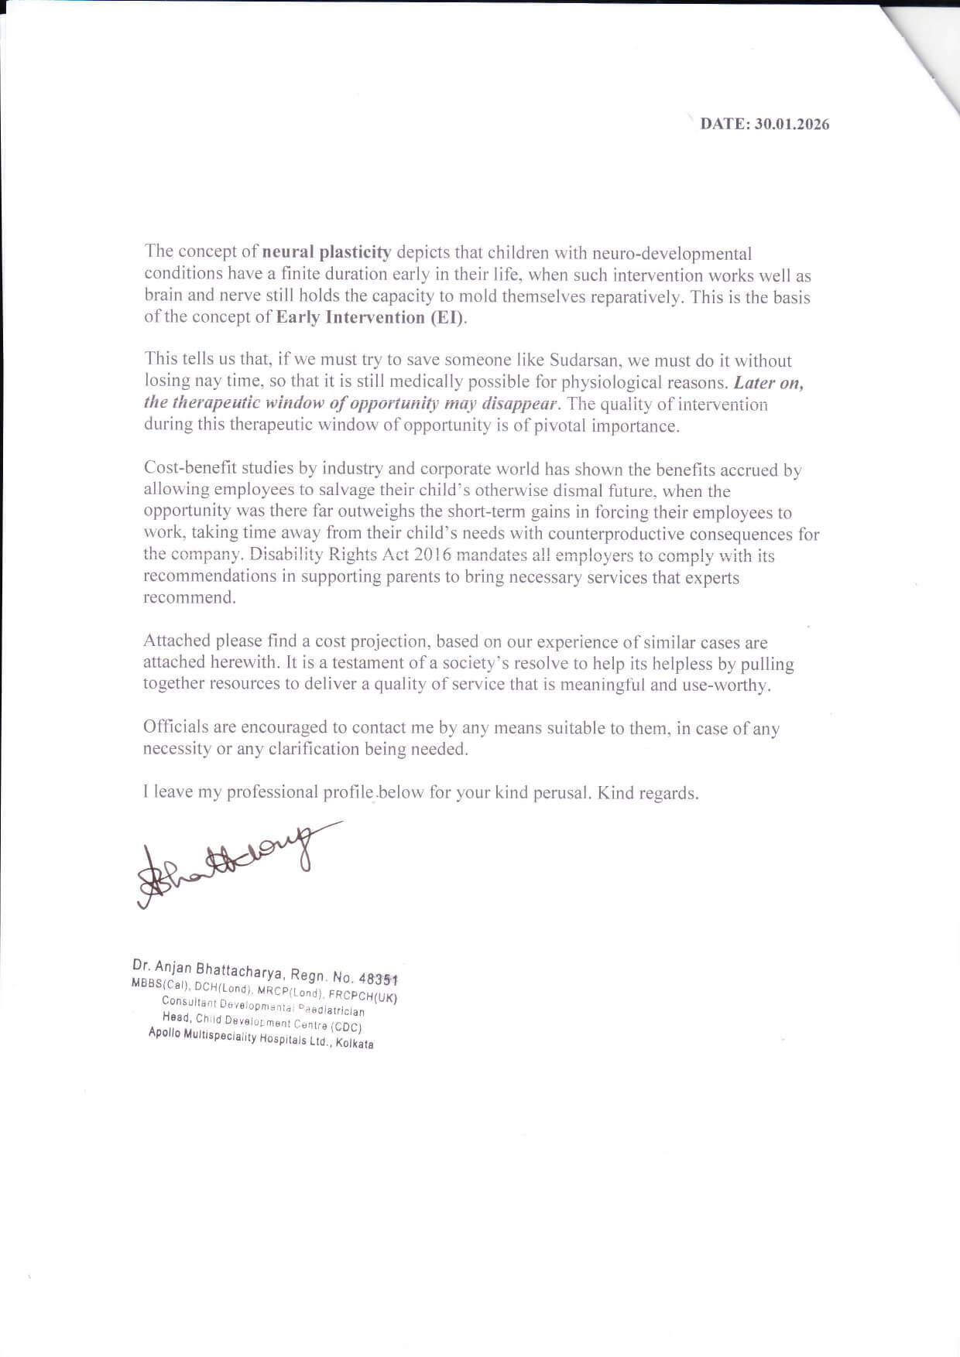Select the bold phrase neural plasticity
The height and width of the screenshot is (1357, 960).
click(x=327, y=252)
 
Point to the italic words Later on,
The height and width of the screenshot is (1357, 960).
click(x=768, y=382)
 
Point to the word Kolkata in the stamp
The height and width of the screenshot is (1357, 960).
click(x=355, y=1044)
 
